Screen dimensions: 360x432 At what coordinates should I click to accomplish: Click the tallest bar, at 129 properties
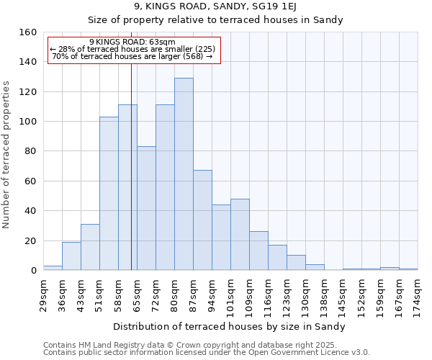tap(184, 174)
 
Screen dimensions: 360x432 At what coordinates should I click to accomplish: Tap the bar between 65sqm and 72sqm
tap(146, 208)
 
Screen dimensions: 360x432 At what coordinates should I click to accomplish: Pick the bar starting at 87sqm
tap(202, 220)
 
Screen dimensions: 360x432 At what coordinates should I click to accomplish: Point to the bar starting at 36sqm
tap(71, 256)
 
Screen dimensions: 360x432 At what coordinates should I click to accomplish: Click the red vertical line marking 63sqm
tap(131, 166)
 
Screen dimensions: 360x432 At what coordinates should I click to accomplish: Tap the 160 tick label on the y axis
tap(27, 32)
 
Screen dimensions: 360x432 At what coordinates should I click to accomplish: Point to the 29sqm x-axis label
tap(43, 294)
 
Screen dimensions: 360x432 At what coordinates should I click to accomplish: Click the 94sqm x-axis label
tap(212, 294)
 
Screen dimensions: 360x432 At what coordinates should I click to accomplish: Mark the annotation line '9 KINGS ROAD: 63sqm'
tap(132, 42)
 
